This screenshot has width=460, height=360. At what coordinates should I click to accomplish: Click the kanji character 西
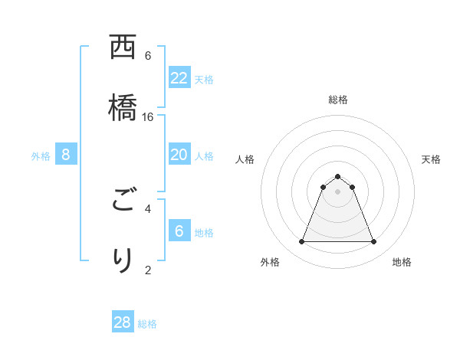123,47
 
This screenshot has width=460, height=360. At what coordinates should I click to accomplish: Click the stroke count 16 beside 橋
148,116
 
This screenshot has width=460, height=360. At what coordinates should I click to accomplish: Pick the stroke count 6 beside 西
148,56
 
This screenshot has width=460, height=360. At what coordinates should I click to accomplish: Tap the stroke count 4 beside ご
148,208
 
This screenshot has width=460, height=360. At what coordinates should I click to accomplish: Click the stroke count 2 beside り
148,269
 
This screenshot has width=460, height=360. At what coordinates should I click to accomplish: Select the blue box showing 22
179,78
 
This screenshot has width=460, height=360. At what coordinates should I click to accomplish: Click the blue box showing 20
179,155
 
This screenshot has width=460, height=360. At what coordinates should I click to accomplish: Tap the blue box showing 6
179,231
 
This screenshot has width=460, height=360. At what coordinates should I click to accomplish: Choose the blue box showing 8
66,155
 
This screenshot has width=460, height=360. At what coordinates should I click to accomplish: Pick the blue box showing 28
123,322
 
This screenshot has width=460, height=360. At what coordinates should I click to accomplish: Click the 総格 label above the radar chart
338,100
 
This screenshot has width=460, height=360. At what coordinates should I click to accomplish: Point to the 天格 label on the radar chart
432,159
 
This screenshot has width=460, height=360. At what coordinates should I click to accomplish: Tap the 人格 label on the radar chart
245,159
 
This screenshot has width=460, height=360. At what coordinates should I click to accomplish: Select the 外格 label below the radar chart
270,262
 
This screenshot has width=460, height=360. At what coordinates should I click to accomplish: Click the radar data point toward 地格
374,242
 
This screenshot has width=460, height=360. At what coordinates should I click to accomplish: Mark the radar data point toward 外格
301,242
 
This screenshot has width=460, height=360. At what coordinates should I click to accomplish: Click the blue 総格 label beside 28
147,324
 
